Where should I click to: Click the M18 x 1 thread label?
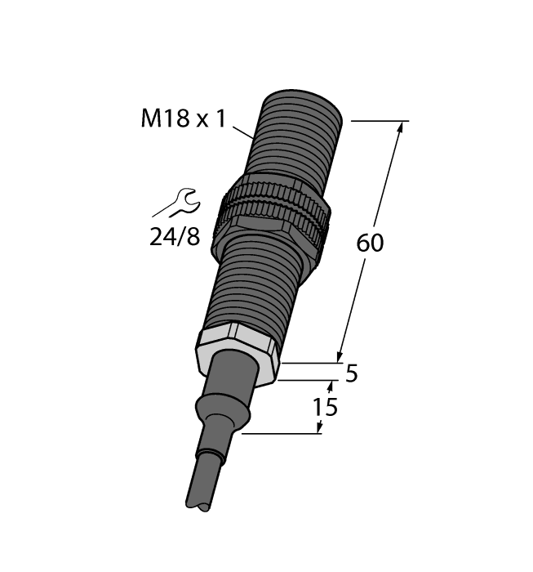tap(183, 119)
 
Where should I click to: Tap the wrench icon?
tap(177, 203)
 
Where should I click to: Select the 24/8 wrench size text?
tap(175, 238)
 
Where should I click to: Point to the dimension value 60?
tap(370, 243)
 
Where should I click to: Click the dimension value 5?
tap(351, 374)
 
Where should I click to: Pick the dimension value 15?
tap(326, 406)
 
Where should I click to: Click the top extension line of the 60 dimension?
tap(379, 121)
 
